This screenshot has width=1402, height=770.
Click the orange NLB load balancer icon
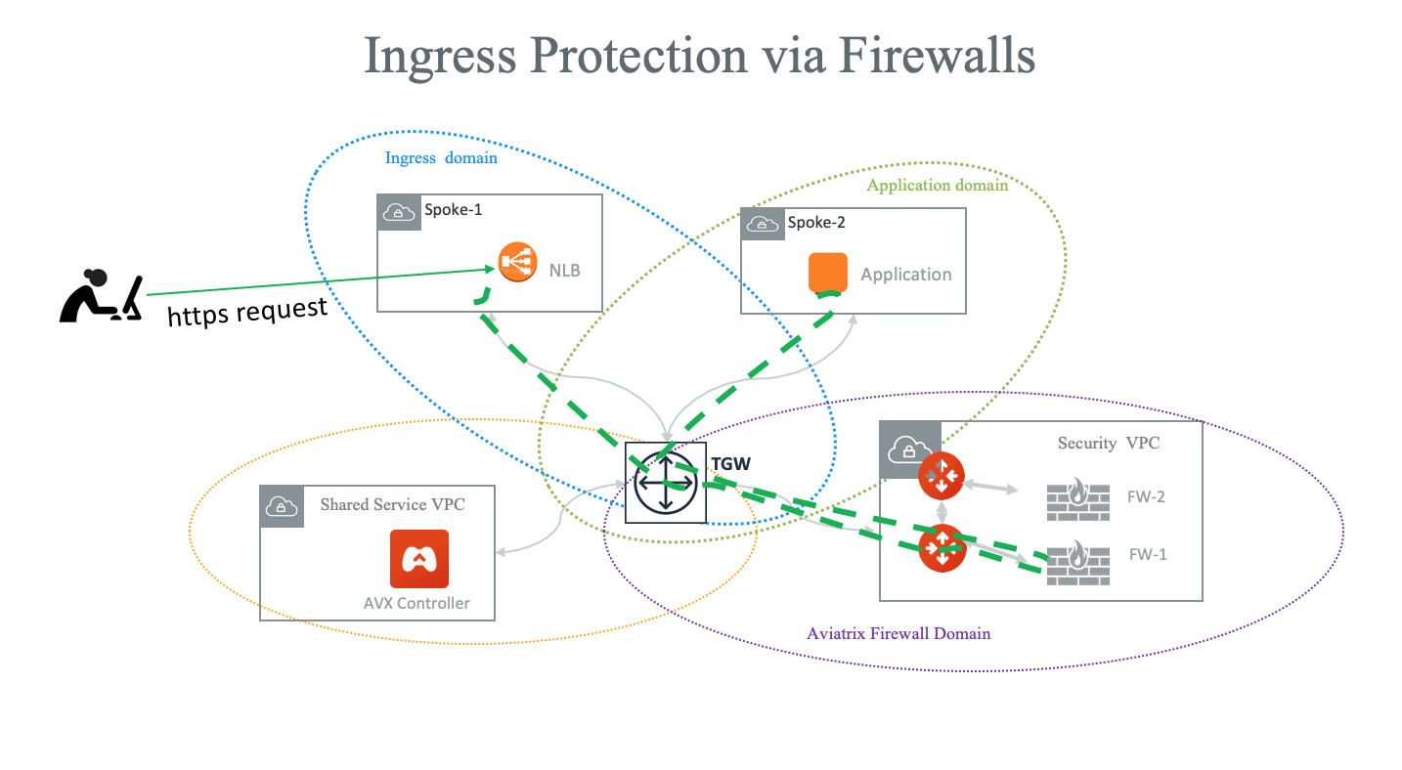tap(517, 263)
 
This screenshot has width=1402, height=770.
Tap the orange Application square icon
tap(827, 273)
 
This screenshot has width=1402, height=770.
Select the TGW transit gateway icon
tap(665, 483)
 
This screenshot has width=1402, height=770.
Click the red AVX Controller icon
tap(418, 559)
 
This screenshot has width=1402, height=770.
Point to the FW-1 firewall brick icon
tap(1076, 564)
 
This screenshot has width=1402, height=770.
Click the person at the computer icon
tap(101, 296)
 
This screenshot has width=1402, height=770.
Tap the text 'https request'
tap(247, 312)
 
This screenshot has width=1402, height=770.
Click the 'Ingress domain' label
tap(441, 157)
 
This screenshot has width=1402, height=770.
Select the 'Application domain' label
tap(937, 185)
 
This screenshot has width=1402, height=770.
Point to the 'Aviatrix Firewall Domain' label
tap(898, 633)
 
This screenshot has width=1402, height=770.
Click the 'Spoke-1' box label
tap(453, 210)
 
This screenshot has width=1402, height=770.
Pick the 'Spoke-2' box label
tap(816, 222)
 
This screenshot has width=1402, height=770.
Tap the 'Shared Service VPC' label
tap(392, 504)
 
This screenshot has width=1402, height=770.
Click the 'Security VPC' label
tap(1109, 443)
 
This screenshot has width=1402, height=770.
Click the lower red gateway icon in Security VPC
tap(942, 548)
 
